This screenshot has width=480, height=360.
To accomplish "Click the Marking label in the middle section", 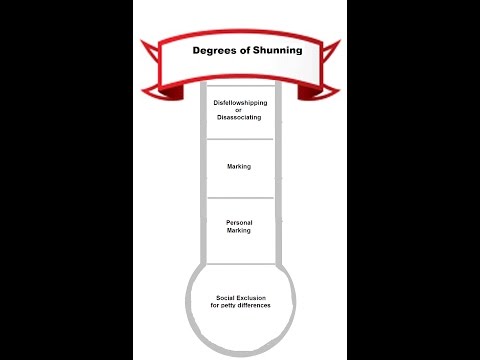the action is (x=239, y=167).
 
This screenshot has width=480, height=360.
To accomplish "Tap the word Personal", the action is (x=239, y=224).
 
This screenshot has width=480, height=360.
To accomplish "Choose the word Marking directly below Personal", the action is (x=239, y=231).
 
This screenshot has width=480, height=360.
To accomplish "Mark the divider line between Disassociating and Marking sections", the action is (x=239, y=139).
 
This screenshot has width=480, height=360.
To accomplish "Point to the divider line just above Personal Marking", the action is (x=239, y=198).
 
